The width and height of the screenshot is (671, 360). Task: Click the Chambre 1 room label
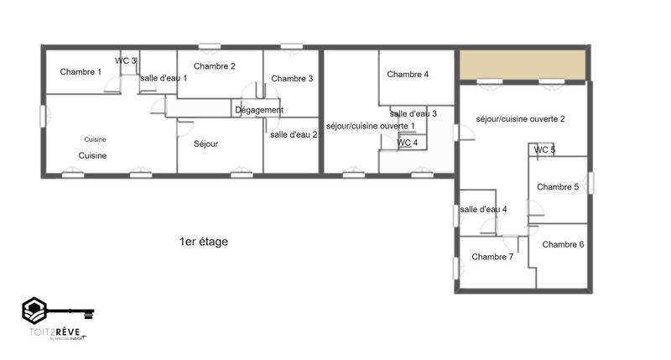81,72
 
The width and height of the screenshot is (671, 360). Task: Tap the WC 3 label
126,60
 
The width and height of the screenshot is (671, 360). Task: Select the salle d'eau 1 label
164,78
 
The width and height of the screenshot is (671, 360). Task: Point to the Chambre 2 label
214,66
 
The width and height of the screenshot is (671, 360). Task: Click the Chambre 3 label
292,79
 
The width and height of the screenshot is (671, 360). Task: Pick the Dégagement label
259,110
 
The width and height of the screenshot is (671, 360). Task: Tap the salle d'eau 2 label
294,134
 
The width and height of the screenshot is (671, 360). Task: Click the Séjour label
205,144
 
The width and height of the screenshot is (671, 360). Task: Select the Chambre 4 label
408,75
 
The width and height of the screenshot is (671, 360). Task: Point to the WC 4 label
407,143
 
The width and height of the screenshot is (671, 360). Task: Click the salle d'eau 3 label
414,113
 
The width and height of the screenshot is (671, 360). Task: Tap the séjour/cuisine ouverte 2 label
520,119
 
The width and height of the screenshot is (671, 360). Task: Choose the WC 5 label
545,150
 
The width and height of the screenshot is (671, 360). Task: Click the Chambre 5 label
558,187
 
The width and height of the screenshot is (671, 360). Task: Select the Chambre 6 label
563,244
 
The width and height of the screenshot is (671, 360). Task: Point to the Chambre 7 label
492,257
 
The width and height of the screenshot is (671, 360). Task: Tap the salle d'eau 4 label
484,210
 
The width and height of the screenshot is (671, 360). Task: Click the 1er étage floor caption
203,242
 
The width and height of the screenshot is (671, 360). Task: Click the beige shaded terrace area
522,63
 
